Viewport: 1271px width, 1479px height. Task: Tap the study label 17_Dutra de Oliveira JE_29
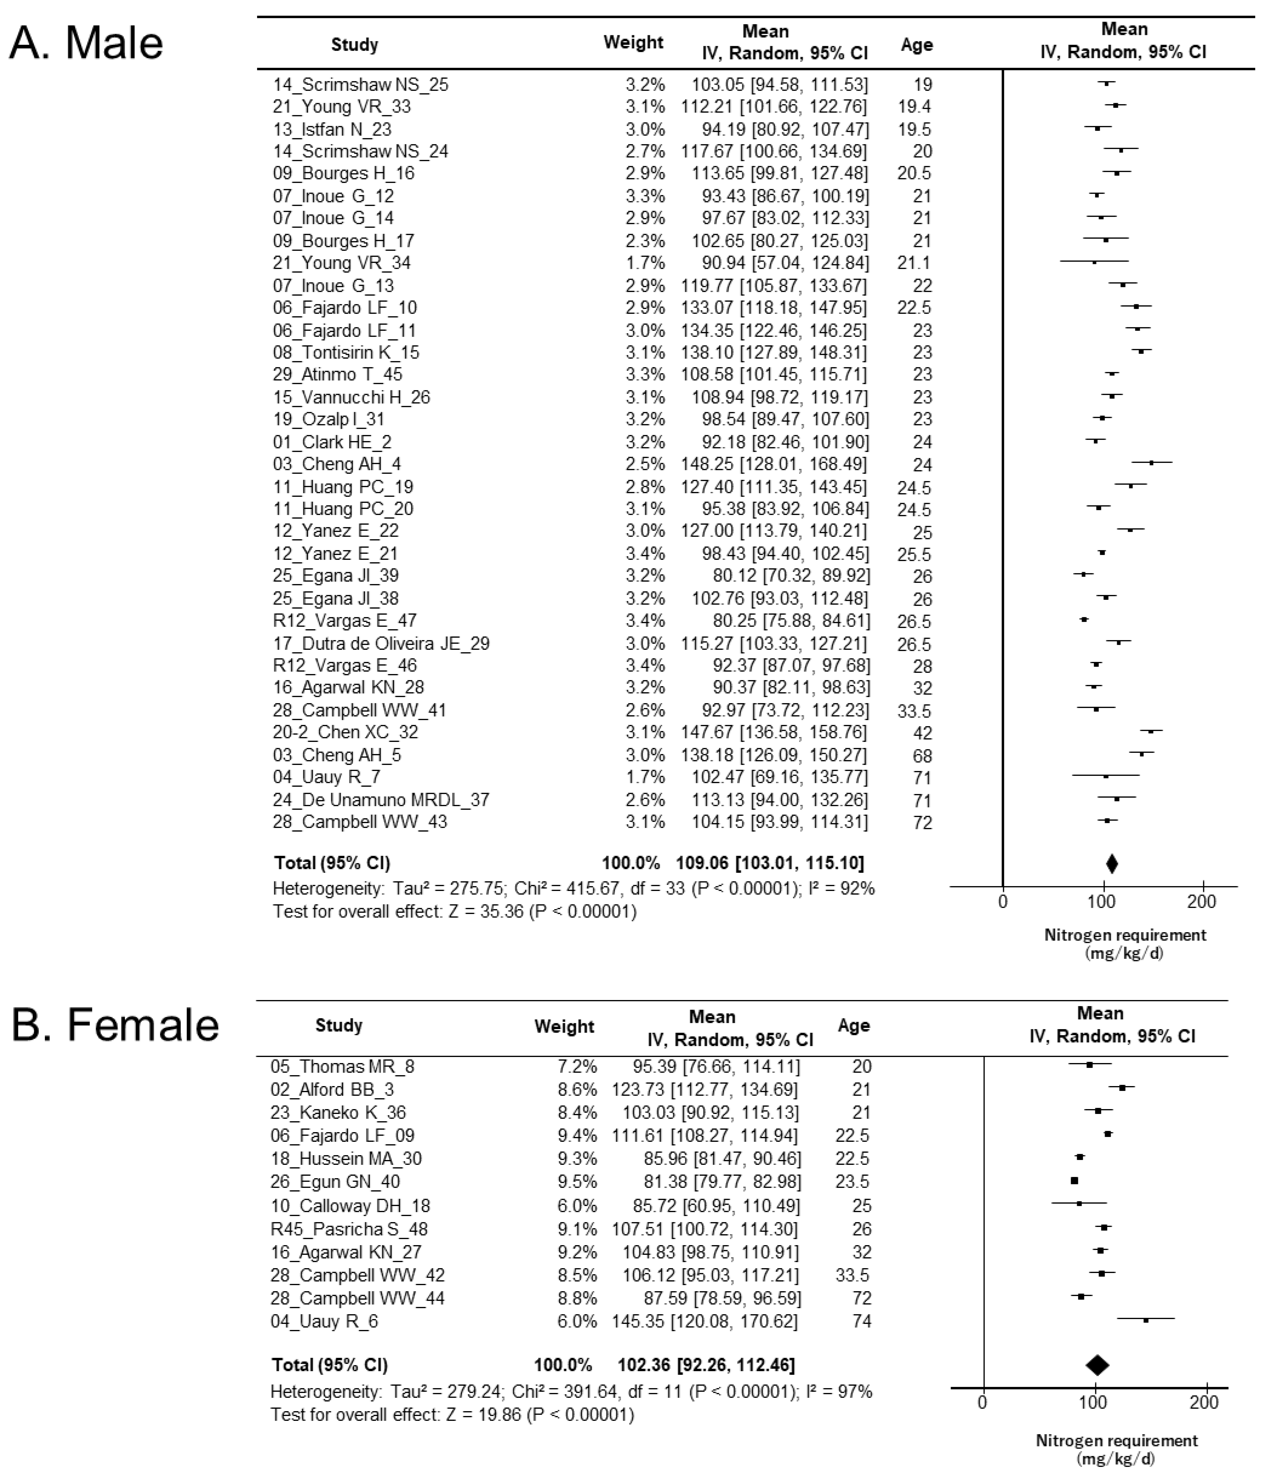(381, 643)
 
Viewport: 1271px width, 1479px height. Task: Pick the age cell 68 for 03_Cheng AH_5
(922, 755)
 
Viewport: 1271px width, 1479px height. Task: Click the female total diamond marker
(1097, 1365)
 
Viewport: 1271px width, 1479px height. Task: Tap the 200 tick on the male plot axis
(1202, 902)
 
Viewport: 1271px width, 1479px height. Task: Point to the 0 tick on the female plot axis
(982, 1403)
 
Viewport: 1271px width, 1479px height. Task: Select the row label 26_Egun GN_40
(335, 1181)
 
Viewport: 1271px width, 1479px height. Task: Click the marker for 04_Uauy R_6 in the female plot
(1145, 1320)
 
